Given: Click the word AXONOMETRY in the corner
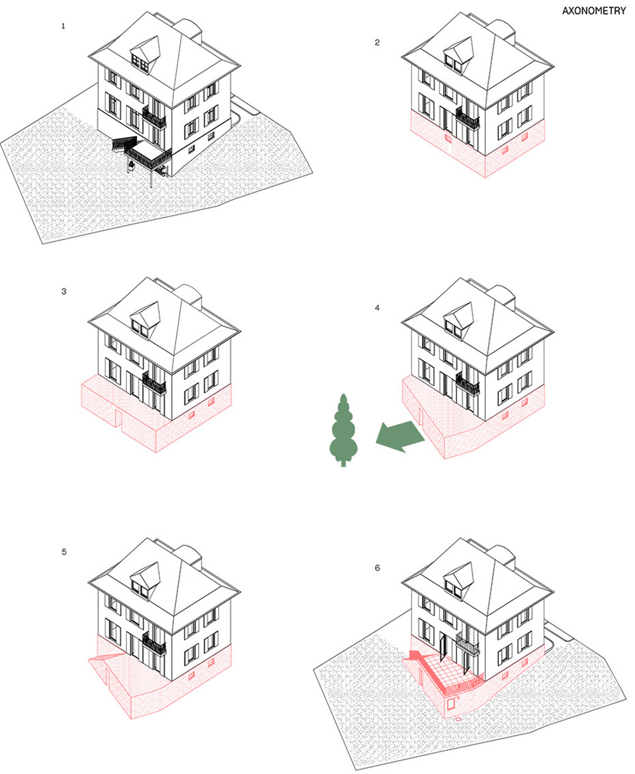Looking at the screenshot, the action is (x=593, y=11).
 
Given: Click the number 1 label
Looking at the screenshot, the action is (x=63, y=26).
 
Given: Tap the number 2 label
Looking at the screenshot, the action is (x=378, y=42).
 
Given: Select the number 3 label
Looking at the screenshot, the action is (x=63, y=292).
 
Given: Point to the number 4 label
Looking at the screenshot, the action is (x=378, y=308).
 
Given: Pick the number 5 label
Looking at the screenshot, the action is (x=63, y=552).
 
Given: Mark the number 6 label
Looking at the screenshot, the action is (x=378, y=568).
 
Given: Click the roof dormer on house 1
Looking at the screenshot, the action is (x=146, y=54).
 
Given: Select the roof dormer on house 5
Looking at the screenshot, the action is (x=146, y=580).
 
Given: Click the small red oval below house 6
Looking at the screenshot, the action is (x=459, y=718).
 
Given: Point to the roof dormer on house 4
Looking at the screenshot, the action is (x=459, y=319).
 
